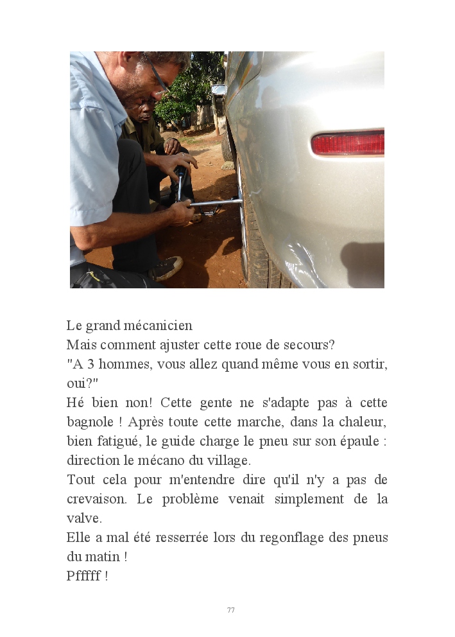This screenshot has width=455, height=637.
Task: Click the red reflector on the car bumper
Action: (x=348, y=143)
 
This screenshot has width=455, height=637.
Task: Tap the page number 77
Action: (x=230, y=610)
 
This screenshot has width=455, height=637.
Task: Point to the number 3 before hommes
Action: (x=91, y=364)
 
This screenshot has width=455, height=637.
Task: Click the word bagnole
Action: (x=90, y=423)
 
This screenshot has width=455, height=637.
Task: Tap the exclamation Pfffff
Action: (x=83, y=575)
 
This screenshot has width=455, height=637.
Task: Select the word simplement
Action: (x=309, y=500)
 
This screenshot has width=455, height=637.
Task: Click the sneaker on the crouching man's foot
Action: (x=167, y=268)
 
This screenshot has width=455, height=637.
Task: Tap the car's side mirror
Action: (x=218, y=90)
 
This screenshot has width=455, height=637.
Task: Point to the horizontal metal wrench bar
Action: (x=214, y=202)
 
